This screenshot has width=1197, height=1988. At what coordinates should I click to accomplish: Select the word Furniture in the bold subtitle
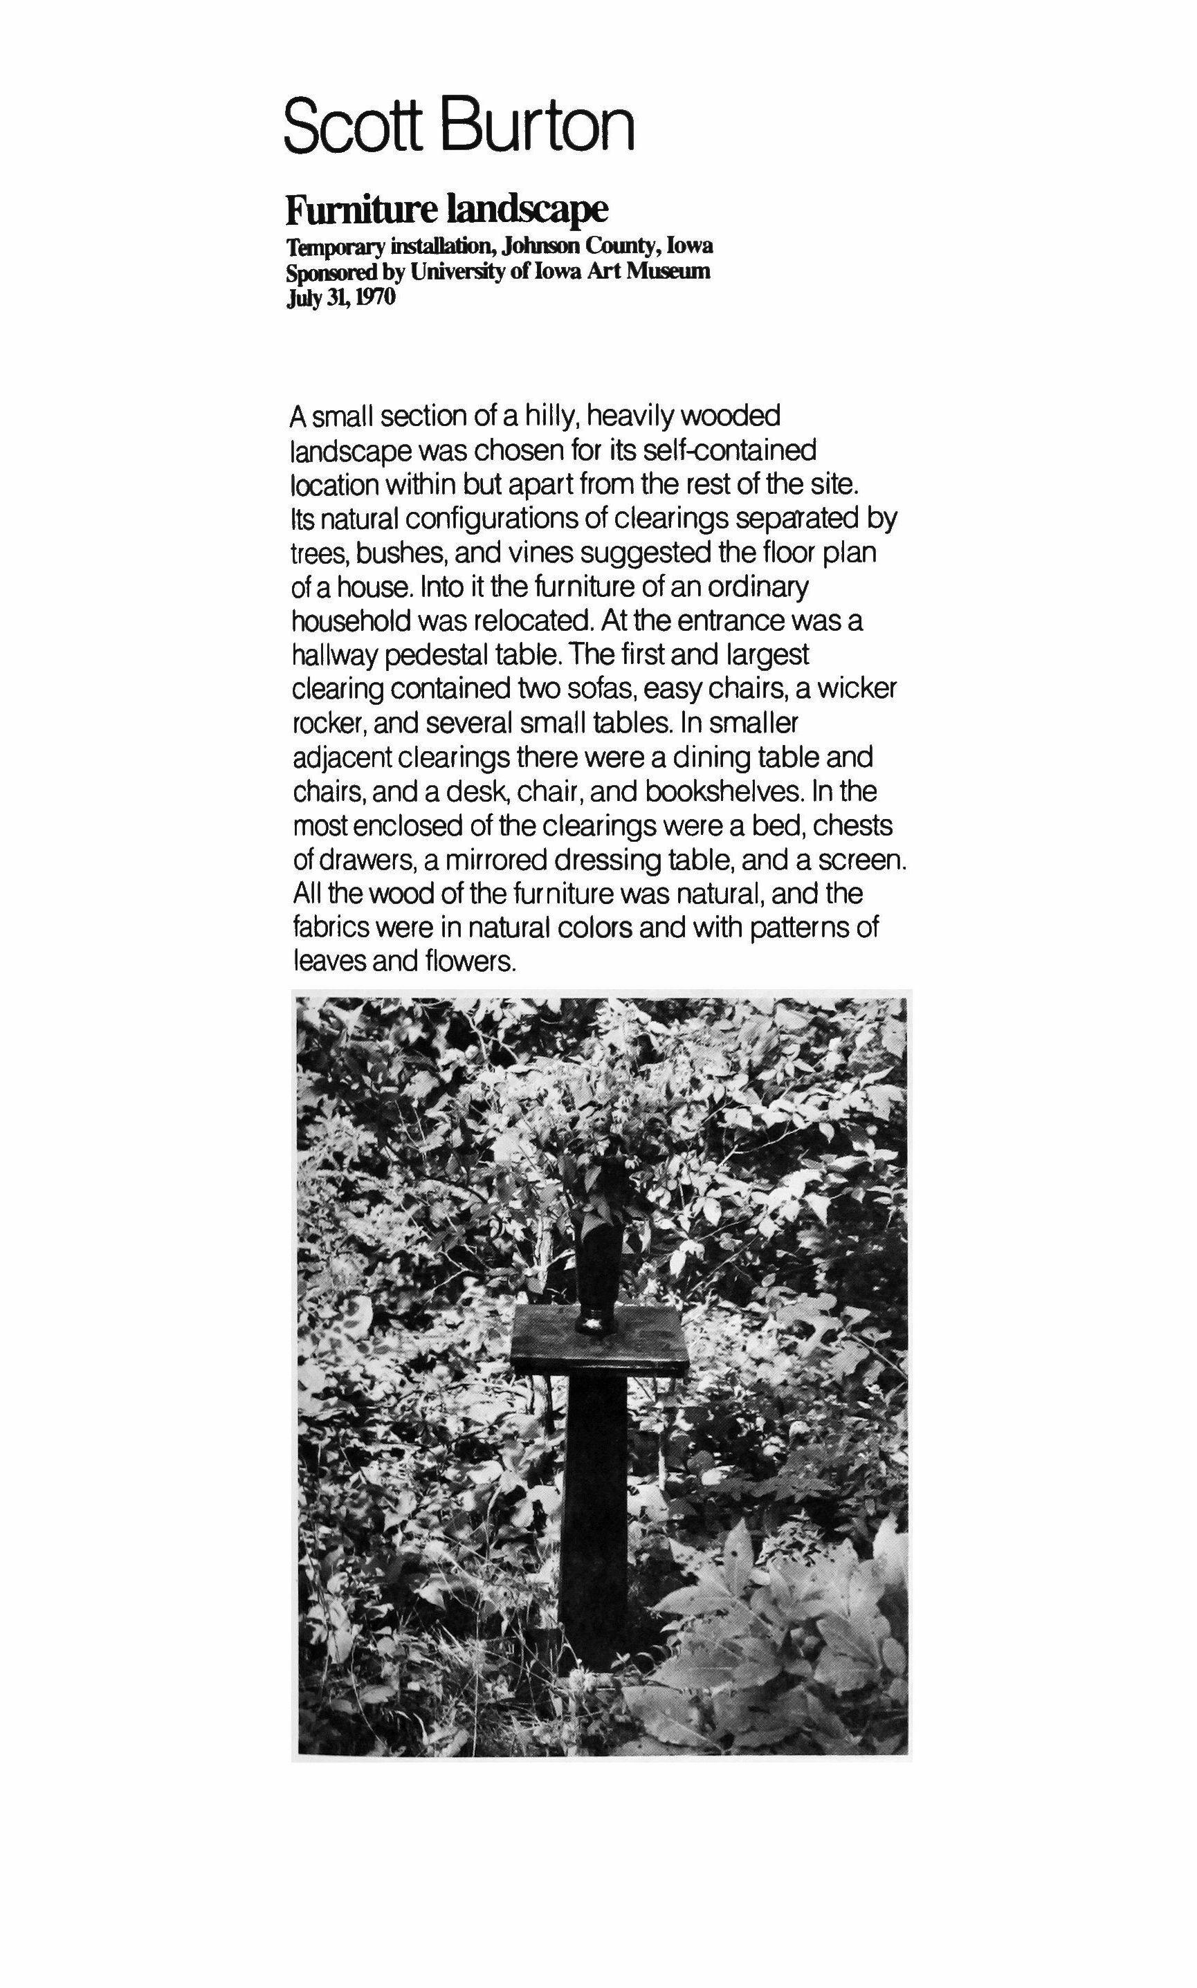tap(361, 210)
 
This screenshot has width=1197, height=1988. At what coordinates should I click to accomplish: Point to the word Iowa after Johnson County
tap(686, 245)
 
